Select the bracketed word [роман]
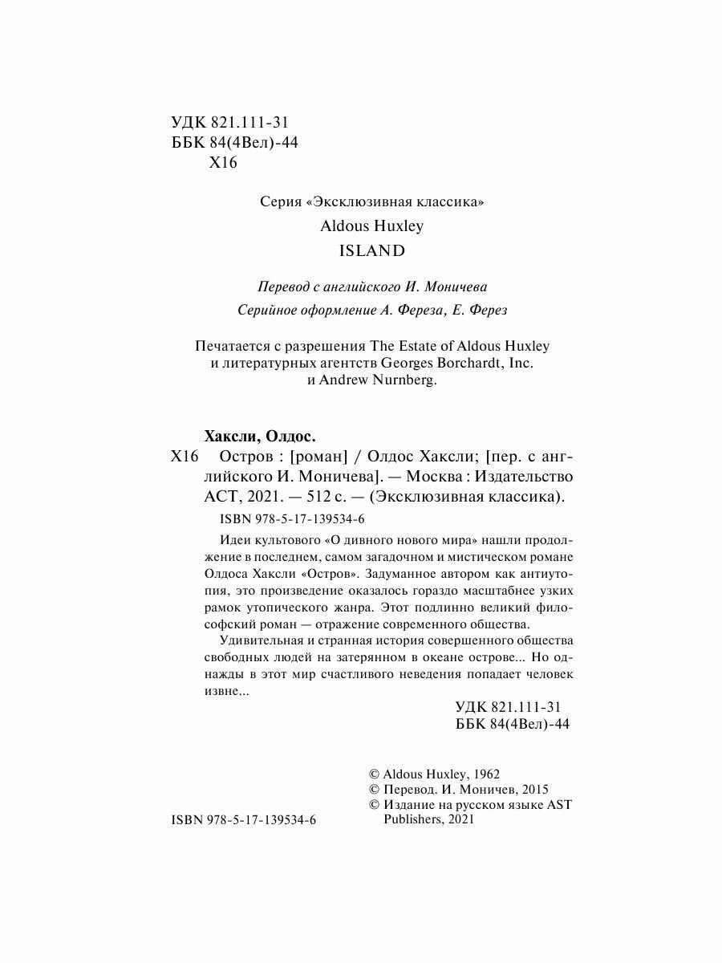(x=318, y=457)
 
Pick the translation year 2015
(x=533, y=790)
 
